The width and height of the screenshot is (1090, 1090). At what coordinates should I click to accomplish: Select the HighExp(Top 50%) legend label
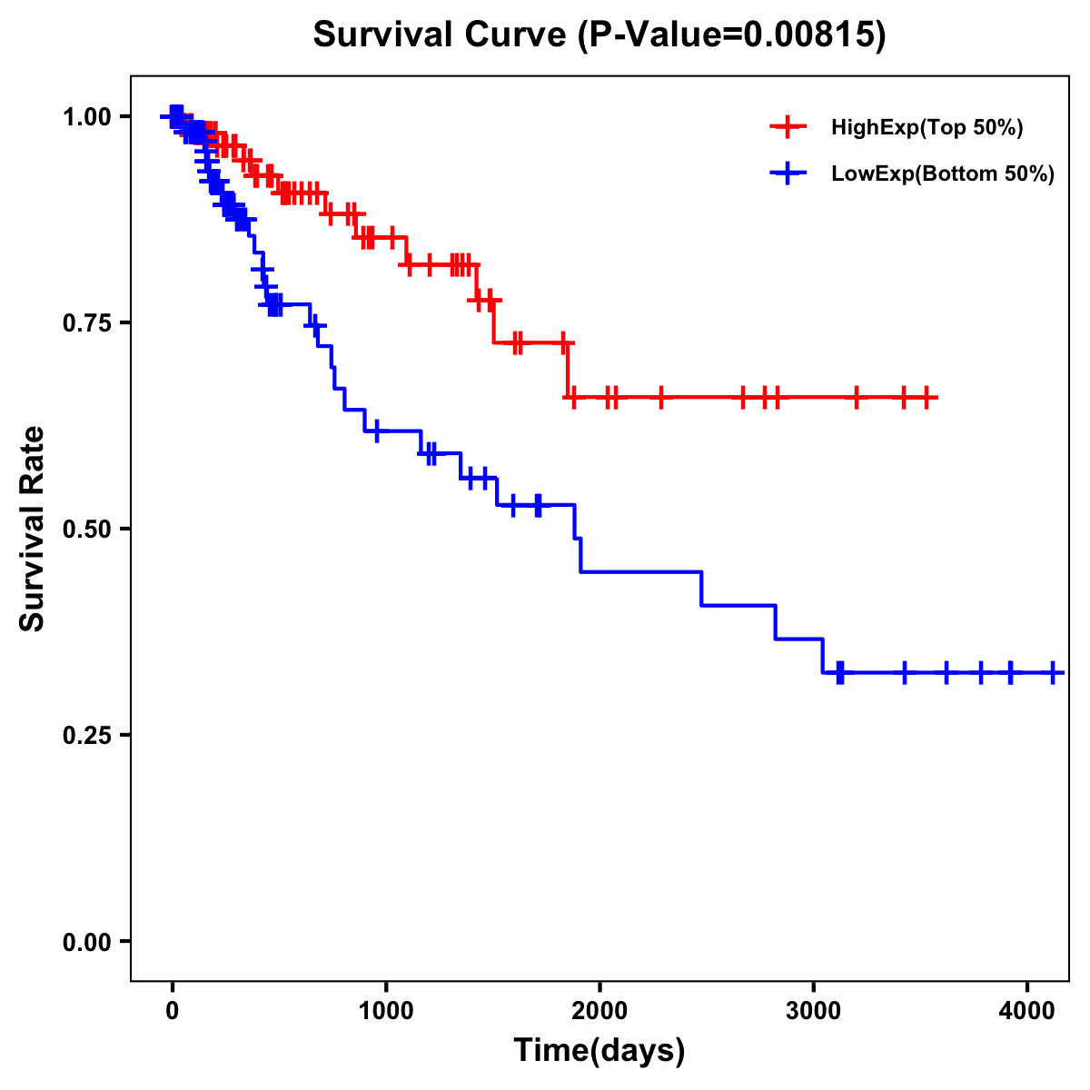pyautogui.click(x=926, y=128)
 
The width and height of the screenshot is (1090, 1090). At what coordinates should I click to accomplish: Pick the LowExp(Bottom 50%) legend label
pyautogui.click(x=943, y=174)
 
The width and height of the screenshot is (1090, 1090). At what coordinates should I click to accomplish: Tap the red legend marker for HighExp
pyautogui.click(x=788, y=127)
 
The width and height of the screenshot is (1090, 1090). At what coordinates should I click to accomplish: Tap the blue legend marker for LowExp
pyautogui.click(x=788, y=173)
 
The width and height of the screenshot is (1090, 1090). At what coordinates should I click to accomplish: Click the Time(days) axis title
pyautogui.click(x=599, y=1050)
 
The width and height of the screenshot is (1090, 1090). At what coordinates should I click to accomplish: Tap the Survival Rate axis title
pyautogui.click(x=33, y=529)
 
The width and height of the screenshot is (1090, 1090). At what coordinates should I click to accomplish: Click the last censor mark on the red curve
pyautogui.click(x=926, y=398)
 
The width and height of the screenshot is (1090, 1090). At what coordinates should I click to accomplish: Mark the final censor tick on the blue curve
pyautogui.click(x=1053, y=672)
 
